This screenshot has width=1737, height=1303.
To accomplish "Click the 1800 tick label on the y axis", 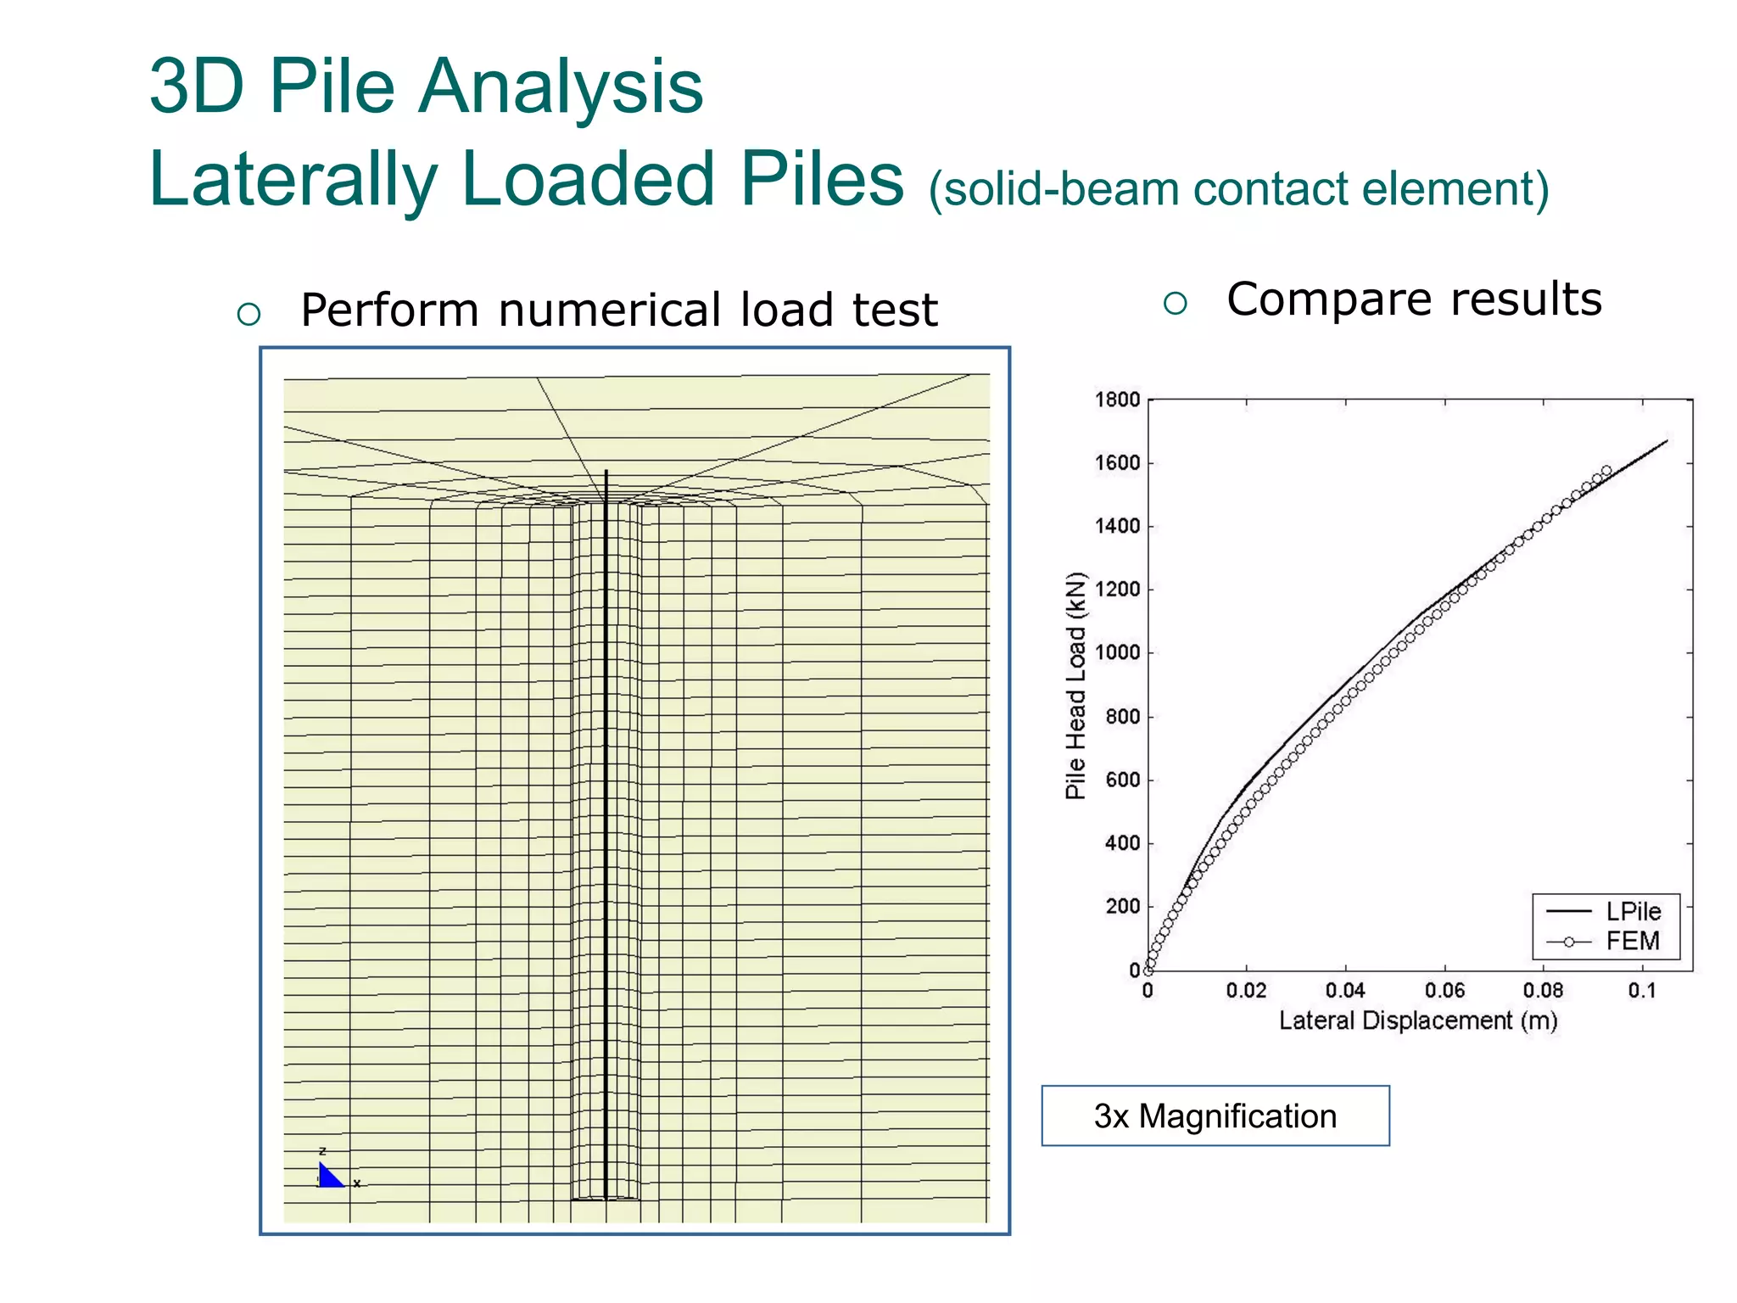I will [x=1116, y=400].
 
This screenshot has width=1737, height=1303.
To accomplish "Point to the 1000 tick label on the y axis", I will [x=1116, y=652].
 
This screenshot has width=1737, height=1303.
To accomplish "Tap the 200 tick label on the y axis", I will [x=1122, y=906].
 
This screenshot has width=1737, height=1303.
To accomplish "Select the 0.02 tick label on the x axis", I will [x=1246, y=990].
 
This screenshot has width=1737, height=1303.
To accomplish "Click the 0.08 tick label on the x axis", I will [x=1543, y=990].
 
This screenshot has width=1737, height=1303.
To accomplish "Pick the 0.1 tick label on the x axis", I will [x=1641, y=990].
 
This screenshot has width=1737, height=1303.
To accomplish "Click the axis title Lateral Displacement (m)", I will [x=1418, y=1020].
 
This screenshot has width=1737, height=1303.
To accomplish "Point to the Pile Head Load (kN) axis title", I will [x=1075, y=685].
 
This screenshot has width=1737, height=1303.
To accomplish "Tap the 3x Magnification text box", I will [x=1215, y=1116].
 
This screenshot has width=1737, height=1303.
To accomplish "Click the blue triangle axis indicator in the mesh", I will [x=329, y=1177].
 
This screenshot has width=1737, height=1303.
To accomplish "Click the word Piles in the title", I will [x=821, y=179].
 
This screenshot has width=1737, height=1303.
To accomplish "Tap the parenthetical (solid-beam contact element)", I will [x=1238, y=188].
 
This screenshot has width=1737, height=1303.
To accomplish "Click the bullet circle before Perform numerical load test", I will [x=249, y=315].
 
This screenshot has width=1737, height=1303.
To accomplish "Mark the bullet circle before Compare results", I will [x=1175, y=303].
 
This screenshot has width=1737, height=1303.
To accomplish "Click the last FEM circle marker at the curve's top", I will [x=1606, y=472].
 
